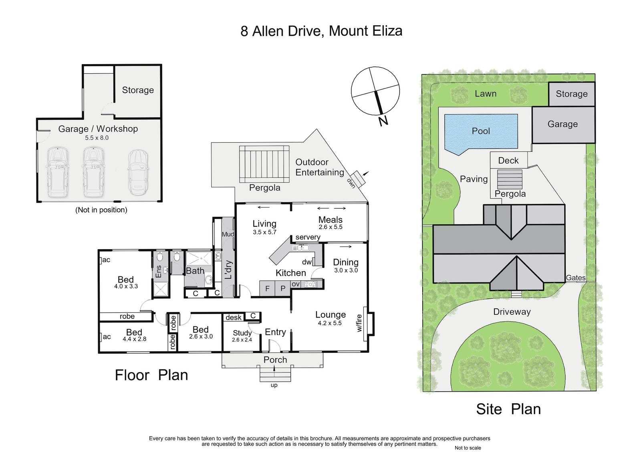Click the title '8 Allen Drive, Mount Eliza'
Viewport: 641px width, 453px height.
pos(321,31)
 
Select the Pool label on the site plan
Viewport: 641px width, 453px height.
pos(481,131)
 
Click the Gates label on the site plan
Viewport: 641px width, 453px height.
pos(576,278)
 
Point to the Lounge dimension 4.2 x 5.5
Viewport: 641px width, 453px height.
pos(330,323)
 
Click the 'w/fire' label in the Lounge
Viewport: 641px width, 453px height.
pos(359,323)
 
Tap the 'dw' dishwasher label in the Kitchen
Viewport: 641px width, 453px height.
pos(307,262)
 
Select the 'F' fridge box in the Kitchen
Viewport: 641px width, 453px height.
pos(267,288)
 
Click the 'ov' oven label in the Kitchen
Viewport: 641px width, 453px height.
pos(296,284)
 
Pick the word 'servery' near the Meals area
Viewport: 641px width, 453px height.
pos(308,237)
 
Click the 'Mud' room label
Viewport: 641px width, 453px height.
pos(228,234)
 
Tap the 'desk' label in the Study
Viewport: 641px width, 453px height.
pos(234,317)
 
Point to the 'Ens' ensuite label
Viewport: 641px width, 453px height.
pos(158,272)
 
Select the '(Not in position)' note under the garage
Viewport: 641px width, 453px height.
pos(101,210)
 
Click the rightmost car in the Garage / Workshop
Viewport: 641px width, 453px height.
pos(138,172)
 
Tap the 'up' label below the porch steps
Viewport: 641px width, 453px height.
pos(274,385)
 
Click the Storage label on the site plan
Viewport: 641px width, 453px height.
pos(572,94)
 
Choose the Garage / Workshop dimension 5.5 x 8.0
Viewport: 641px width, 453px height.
pos(97,138)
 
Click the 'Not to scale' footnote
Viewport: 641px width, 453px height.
pos(468,448)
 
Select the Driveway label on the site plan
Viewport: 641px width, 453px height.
pos(512,312)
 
